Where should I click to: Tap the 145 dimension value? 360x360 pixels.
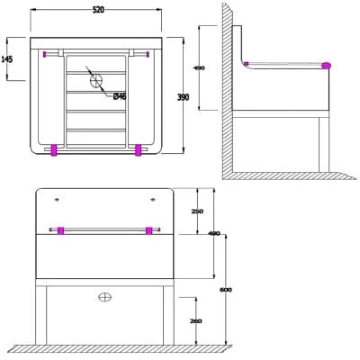point(7,58)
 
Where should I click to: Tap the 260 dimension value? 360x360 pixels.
point(196,319)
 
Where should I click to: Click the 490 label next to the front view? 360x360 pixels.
point(214,234)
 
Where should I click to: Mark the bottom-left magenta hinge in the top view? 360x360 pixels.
point(54,150)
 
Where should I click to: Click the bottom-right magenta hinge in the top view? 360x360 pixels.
point(139,150)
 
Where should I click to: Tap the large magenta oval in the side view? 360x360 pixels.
point(325,66)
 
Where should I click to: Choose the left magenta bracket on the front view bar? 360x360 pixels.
point(60,230)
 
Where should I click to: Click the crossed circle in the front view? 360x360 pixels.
point(104,296)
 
